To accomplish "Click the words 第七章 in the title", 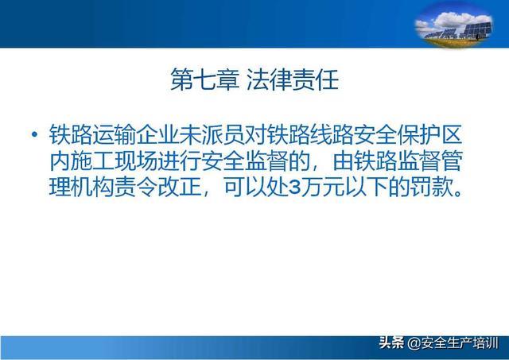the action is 204,79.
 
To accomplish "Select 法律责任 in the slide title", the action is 293,79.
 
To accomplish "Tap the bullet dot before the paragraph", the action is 34,134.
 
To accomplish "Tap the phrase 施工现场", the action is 115,161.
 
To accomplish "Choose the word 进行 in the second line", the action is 180,161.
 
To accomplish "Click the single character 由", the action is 343,161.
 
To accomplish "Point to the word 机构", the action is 92,187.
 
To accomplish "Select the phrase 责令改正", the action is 158,187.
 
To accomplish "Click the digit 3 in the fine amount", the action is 294,188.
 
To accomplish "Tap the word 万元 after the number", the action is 323,187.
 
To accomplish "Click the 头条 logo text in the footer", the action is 392,343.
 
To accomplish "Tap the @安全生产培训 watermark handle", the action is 453,343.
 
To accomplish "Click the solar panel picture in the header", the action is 454,25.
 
